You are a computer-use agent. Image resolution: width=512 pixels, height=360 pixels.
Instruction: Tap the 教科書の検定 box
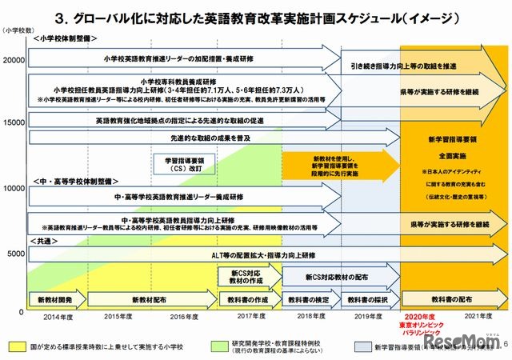click(308, 300)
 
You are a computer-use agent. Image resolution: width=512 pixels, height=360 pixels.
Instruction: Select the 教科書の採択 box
click(368, 300)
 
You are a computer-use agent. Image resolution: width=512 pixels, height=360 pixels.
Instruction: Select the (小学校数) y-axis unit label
click(17, 31)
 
